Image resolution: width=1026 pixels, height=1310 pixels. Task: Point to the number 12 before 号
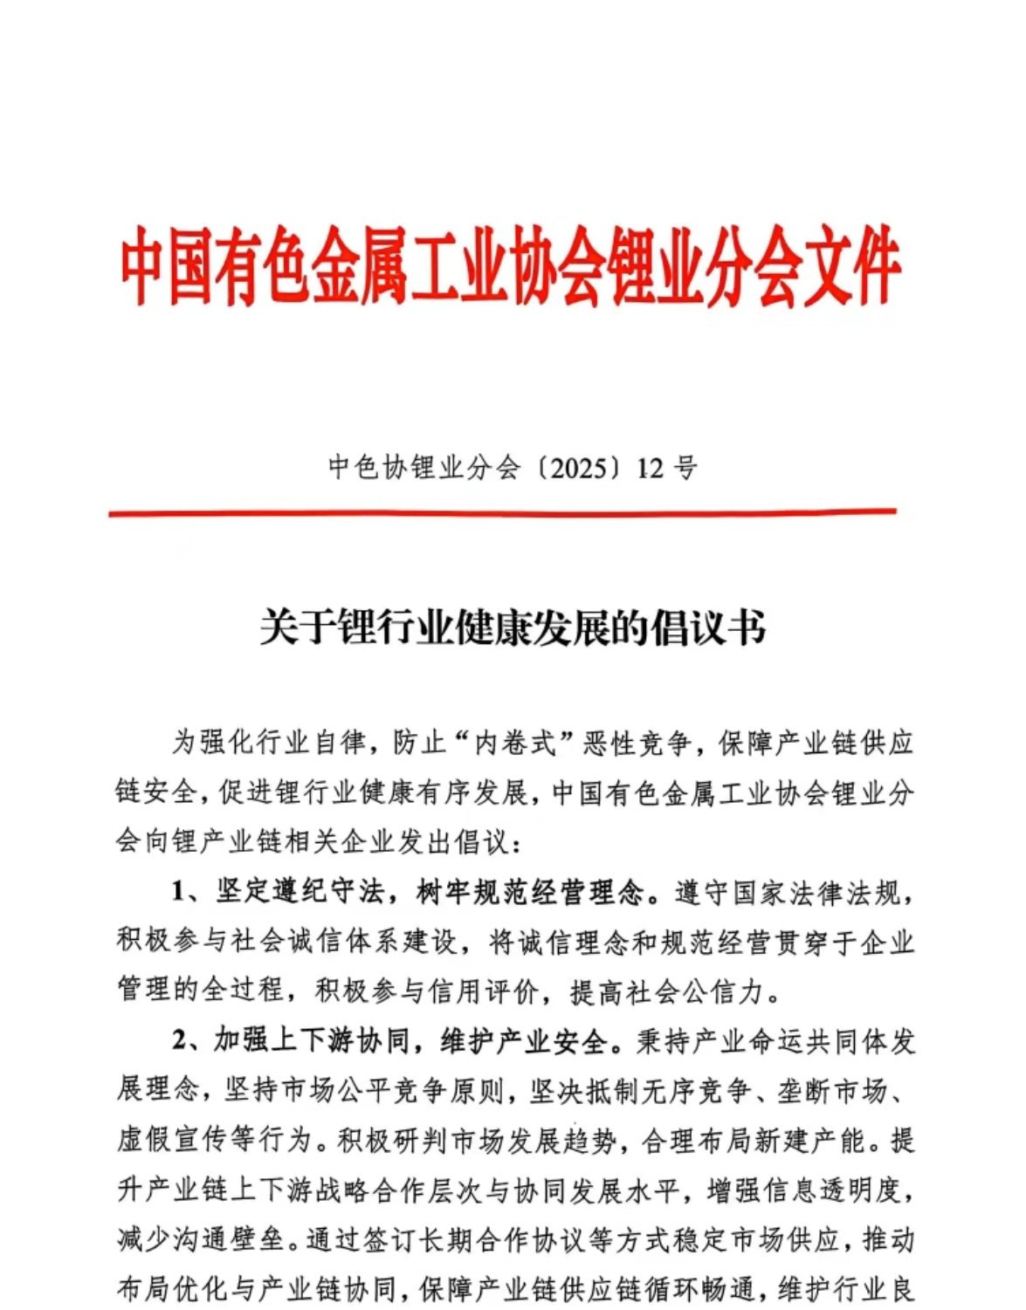pyautogui.click(x=651, y=469)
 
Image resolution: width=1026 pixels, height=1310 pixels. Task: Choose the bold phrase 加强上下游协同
pyautogui.click(x=313, y=1041)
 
